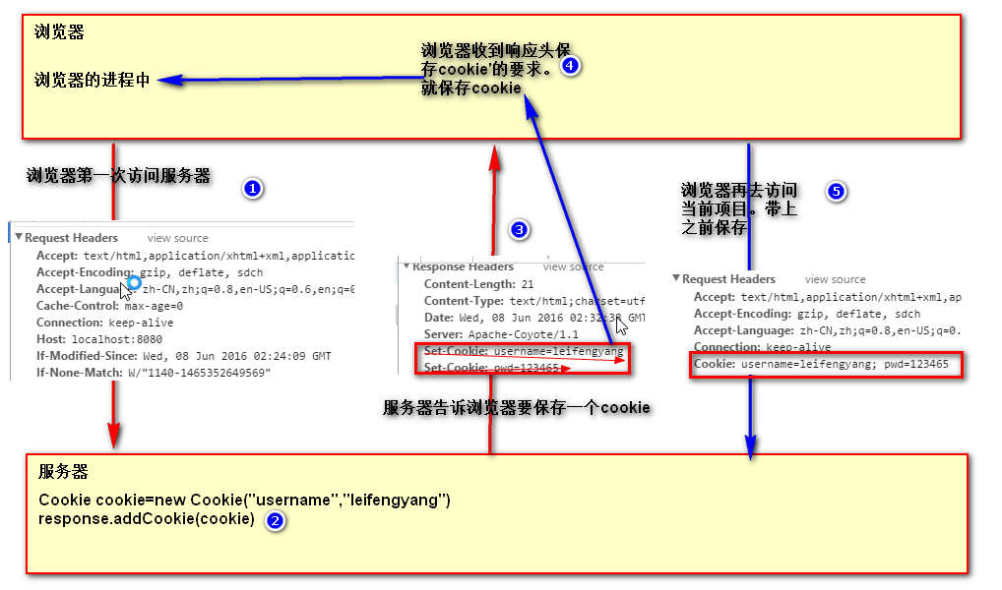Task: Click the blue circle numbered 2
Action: click(x=276, y=521)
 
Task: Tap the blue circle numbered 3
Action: click(x=520, y=230)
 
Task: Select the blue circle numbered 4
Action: click(x=571, y=66)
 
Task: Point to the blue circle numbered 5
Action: click(x=836, y=192)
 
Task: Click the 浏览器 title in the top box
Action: click(x=59, y=32)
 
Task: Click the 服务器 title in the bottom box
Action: click(x=63, y=472)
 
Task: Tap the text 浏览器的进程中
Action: click(x=92, y=81)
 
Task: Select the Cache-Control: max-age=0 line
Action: click(x=109, y=306)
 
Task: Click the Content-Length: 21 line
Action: click(x=478, y=284)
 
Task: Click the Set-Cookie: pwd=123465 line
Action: click(x=491, y=368)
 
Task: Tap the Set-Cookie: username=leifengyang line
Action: click(x=523, y=351)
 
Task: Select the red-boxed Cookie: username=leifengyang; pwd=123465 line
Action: click(x=821, y=364)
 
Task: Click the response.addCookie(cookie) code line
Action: click(x=147, y=518)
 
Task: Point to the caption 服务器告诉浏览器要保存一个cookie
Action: click(x=517, y=407)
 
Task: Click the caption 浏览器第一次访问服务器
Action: click(x=118, y=177)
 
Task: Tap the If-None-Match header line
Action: click(x=153, y=373)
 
